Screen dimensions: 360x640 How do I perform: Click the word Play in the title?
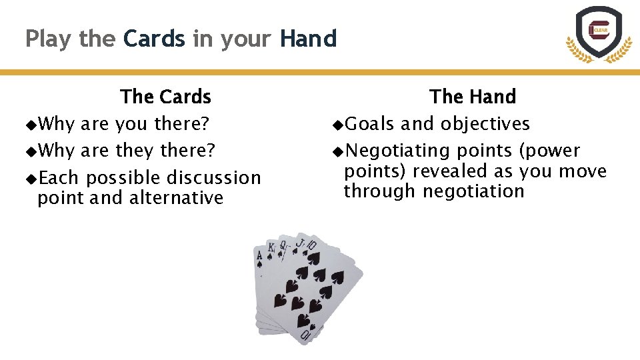click(x=49, y=39)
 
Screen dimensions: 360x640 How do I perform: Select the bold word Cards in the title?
click(x=154, y=39)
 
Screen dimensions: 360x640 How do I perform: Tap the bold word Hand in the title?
click(x=308, y=39)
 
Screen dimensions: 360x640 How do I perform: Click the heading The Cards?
click(x=166, y=97)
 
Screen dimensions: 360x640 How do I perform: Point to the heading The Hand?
click(x=473, y=97)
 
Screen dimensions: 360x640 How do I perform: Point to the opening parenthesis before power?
click(x=522, y=151)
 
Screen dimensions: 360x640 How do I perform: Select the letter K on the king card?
click(x=271, y=249)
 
